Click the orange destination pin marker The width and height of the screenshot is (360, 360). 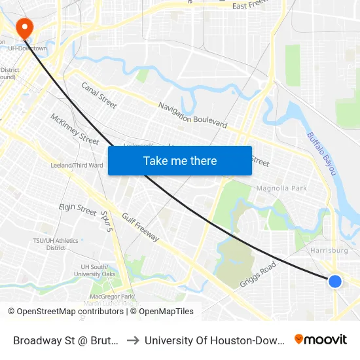point(24,28)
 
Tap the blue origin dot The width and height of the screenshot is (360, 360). point(334,281)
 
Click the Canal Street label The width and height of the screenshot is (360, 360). point(99,95)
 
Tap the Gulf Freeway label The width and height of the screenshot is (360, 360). point(140,227)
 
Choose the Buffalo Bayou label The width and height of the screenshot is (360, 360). point(321,153)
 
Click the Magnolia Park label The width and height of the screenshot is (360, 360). point(281,189)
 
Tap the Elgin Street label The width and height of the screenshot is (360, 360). point(77,208)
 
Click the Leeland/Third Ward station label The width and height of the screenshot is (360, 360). point(77,166)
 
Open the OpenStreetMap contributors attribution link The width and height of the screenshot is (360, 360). point(71,312)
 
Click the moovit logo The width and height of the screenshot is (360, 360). point(321,339)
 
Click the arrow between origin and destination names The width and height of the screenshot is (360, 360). point(132,340)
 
